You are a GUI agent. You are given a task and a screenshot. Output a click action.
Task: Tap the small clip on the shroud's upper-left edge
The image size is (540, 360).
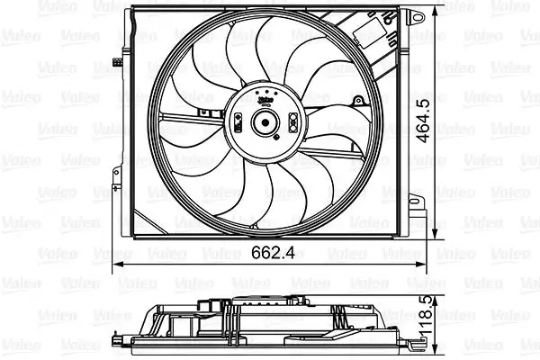coord(117,62)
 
